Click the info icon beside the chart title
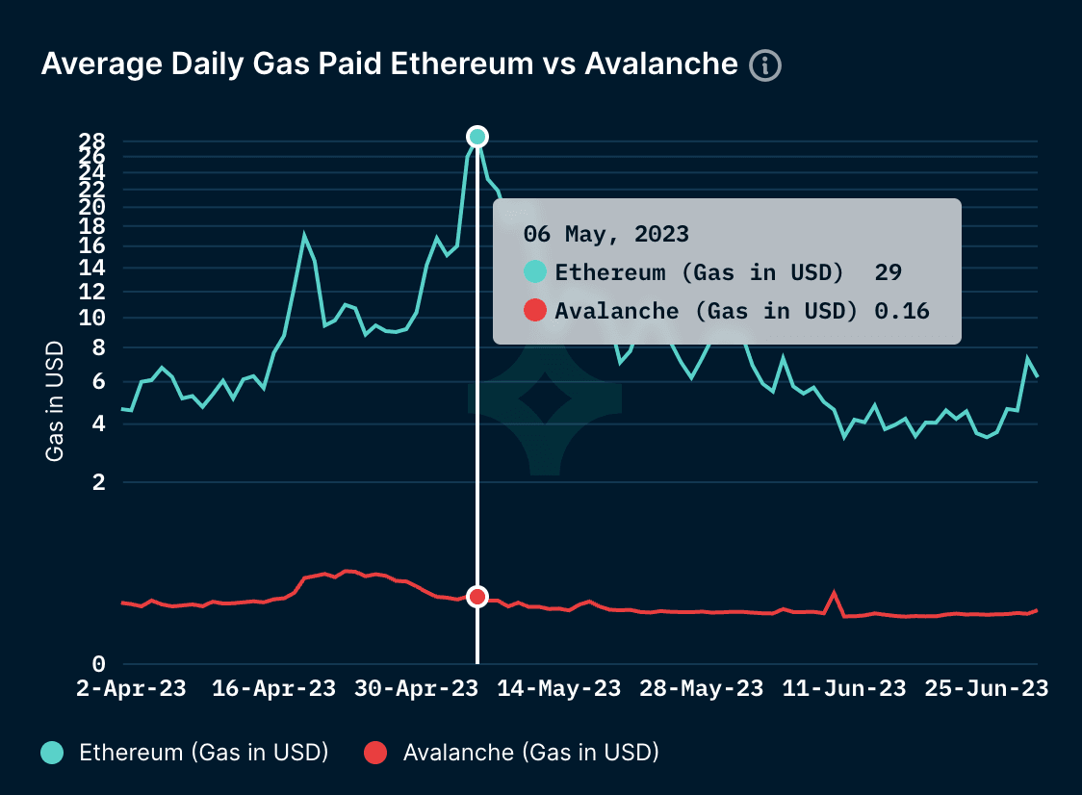765,65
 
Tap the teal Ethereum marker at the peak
477,137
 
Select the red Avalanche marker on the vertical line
477,597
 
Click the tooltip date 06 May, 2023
605,234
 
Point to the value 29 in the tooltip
888,272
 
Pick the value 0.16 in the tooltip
902,310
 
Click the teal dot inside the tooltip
535,272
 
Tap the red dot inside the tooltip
535,310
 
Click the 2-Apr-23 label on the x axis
131,689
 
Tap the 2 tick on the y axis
98,482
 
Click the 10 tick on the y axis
91,318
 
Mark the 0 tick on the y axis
98,664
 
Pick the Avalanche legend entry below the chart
511,753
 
